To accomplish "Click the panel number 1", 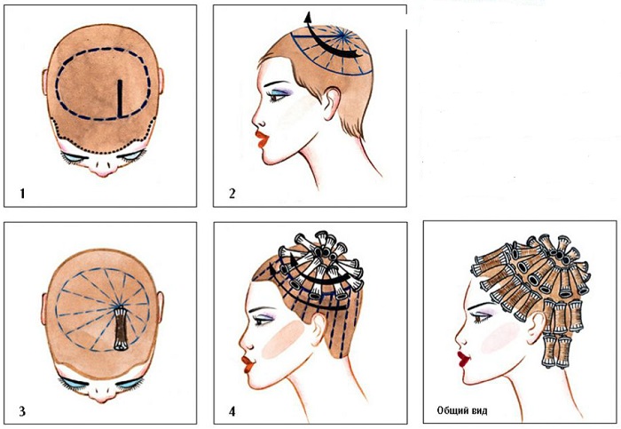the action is coord(22,194).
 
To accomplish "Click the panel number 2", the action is coord(232,194).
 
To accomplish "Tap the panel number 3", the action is coord(22,410).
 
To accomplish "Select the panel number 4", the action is coord(232,411).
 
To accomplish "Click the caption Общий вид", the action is coord(462,410).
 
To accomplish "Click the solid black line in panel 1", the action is coord(120,99).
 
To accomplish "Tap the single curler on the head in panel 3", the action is coord(121,330).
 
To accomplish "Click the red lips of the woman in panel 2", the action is coord(262,139).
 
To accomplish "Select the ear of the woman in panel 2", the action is coord(332,104).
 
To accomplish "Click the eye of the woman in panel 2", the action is coord(277,96).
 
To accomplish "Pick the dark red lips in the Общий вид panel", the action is coord(463,359).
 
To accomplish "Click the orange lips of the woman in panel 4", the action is coord(248,364).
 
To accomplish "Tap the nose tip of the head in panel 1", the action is coord(103,173).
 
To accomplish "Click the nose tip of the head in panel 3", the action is coord(102,400).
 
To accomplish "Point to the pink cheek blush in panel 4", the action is coord(284,339).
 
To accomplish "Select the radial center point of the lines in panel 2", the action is coord(341,36).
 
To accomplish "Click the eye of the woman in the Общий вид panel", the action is coord(481,317).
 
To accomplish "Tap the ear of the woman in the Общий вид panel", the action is coord(536,324).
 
